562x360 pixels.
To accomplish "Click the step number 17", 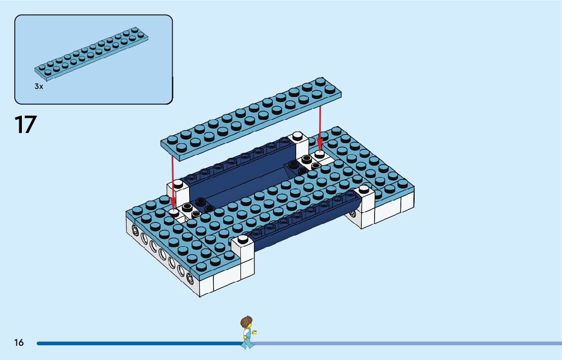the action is click(25, 125).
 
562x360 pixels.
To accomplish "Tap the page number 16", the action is click(19, 343).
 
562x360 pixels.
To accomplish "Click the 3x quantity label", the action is click(39, 86).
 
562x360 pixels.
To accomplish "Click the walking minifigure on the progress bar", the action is click(247, 333).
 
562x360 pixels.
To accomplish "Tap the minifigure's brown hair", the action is click(246, 321).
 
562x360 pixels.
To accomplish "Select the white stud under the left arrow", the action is click(174, 212).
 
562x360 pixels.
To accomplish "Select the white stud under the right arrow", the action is click(320, 153).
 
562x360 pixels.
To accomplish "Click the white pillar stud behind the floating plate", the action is click(297, 136).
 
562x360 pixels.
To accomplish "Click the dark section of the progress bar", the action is click(137, 343).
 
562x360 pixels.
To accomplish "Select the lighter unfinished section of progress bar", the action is click(407, 343).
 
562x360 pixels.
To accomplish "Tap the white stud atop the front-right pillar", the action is click(364, 189).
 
